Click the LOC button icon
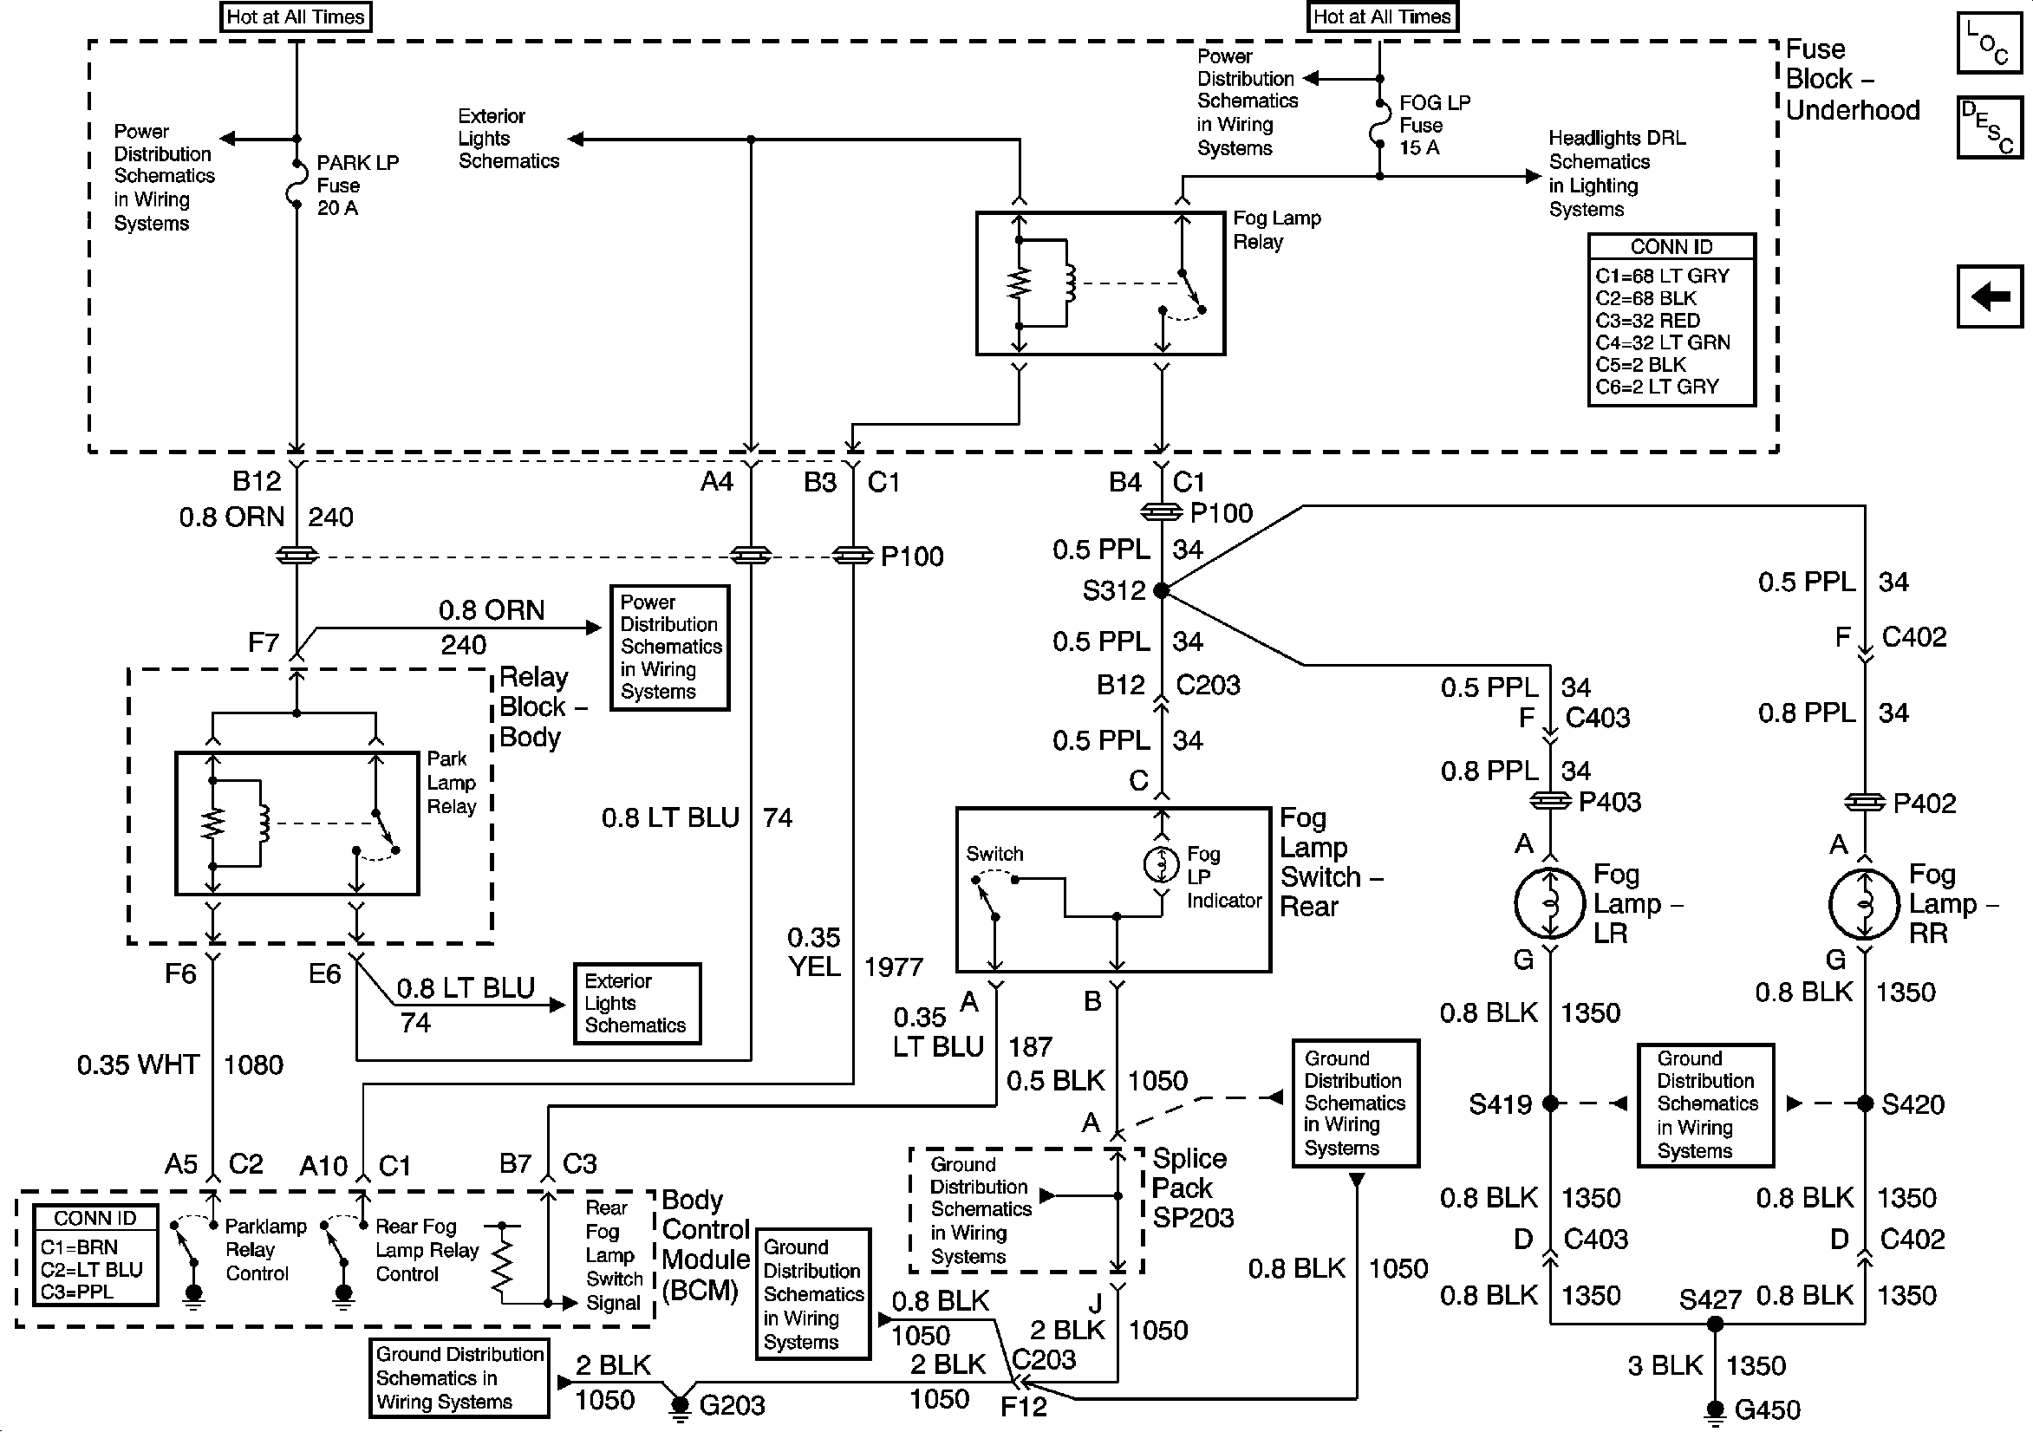pos(1989,42)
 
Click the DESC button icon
pos(1989,127)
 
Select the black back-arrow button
pos(1989,296)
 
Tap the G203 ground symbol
pos(680,1407)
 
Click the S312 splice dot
pos(1162,590)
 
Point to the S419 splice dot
pos(1550,1103)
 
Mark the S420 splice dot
pos(1865,1103)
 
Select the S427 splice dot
pos(1715,1324)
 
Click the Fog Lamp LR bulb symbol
pos(1549,903)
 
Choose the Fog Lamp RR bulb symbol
pos(1864,903)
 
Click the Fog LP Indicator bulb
pos(1162,864)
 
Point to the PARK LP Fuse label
pos(358,186)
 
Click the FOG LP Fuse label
pos(1435,125)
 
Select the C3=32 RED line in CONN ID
pos(1648,321)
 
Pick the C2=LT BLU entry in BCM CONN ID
pos(91,1270)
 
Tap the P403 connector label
pos(1610,803)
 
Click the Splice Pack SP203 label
pos(1192,1188)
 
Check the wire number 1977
pos(894,967)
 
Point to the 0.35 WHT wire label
pos(138,1064)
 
